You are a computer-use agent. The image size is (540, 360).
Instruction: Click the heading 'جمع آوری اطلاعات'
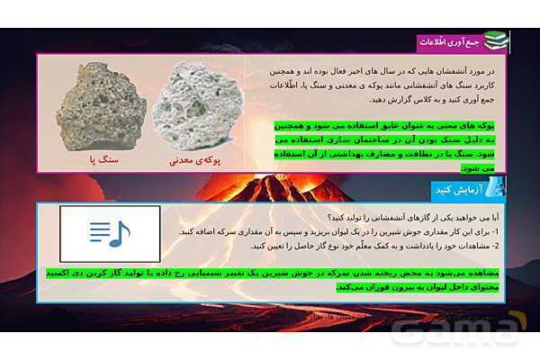(x=449, y=41)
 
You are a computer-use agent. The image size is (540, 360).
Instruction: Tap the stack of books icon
(x=495, y=40)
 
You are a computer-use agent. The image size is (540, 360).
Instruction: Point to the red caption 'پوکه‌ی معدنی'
(x=199, y=163)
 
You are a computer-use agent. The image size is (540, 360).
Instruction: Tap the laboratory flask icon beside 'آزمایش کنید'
(x=495, y=188)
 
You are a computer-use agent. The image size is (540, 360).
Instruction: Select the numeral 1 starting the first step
(x=499, y=231)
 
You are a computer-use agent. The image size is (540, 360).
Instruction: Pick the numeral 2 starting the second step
(x=499, y=246)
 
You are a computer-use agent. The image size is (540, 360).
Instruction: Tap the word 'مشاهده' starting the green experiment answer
(x=483, y=271)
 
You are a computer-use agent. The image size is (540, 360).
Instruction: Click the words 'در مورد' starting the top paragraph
(x=485, y=69)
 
